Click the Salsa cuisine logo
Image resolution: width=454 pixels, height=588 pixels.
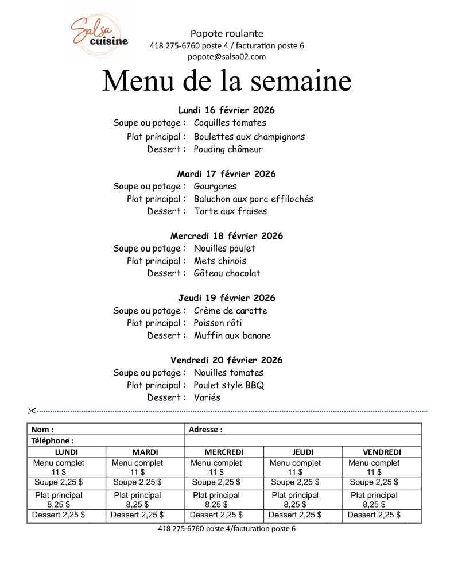(99, 34)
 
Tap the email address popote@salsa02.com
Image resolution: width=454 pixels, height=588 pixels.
(227, 56)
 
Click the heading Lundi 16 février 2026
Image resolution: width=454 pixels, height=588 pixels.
(227, 110)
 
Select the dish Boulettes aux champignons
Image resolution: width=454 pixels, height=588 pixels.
(249, 137)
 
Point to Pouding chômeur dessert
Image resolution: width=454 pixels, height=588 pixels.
(228, 149)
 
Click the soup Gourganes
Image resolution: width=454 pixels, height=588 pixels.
(215, 187)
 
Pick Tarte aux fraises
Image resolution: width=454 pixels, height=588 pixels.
(230, 211)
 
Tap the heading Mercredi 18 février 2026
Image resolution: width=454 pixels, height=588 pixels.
(227, 236)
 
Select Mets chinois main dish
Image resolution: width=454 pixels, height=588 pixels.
(220, 261)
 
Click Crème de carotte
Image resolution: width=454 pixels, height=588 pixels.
(230, 311)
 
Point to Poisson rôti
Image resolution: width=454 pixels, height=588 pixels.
(218, 323)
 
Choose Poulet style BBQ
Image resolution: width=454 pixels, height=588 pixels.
(229, 385)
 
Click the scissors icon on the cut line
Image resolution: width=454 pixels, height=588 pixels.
(31, 410)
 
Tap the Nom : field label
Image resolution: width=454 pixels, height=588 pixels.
(42, 429)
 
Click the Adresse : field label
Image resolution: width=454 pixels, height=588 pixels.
(205, 429)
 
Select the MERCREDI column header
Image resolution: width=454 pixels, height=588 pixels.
(224, 452)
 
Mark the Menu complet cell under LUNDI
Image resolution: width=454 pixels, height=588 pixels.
(59, 467)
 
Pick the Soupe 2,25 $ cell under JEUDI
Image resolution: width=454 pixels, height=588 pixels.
(295, 482)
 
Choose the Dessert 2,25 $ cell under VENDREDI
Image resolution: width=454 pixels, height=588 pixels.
(374, 515)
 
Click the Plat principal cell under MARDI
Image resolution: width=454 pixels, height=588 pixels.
(137, 500)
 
